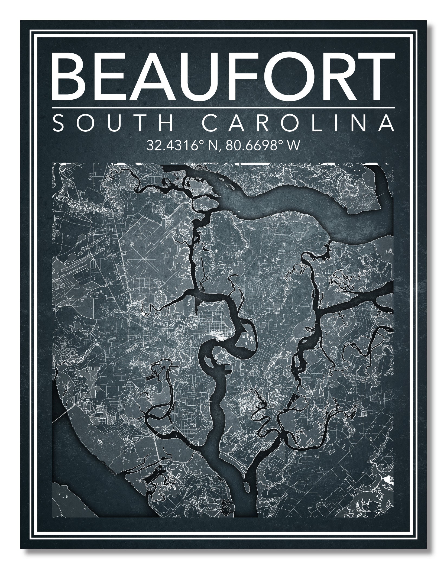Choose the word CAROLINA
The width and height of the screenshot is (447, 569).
298,123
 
